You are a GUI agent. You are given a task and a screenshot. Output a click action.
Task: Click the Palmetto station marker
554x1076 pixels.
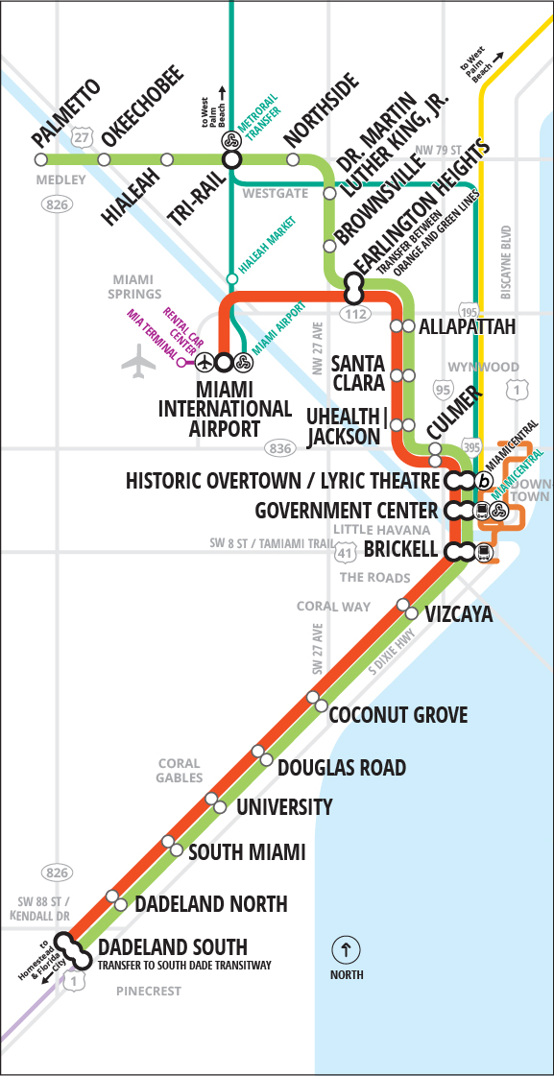pyautogui.click(x=40, y=159)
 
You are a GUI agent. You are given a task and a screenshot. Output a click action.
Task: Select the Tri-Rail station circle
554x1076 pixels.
pyautogui.click(x=230, y=159)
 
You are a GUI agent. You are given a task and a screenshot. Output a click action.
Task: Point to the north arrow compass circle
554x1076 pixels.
pyautogui.click(x=346, y=950)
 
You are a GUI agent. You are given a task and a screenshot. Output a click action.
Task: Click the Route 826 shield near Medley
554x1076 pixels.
pyautogui.click(x=52, y=203)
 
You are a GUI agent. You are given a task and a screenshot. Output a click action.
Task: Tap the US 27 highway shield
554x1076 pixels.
pyautogui.click(x=84, y=137)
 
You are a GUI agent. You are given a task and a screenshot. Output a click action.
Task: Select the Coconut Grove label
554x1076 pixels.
pyautogui.click(x=398, y=714)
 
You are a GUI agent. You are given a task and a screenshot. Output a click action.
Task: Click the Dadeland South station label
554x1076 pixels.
pyautogui.click(x=173, y=946)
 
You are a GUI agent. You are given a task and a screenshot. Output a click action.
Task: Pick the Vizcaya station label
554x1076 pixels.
pyautogui.click(x=459, y=614)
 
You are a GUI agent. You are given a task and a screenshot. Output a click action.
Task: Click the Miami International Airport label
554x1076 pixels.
pyautogui.click(x=224, y=408)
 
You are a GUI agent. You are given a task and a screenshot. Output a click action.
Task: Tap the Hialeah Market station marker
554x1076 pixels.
pyautogui.click(x=230, y=279)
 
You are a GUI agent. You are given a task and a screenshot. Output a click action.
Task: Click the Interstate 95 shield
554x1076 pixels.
pyautogui.click(x=443, y=389)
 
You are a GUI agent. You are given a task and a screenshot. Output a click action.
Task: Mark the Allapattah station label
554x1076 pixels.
pyautogui.click(x=468, y=327)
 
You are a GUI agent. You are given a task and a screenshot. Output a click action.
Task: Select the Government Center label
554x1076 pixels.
pyautogui.click(x=347, y=510)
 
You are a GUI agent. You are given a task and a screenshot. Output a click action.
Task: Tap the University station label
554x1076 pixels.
pyautogui.click(x=284, y=807)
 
